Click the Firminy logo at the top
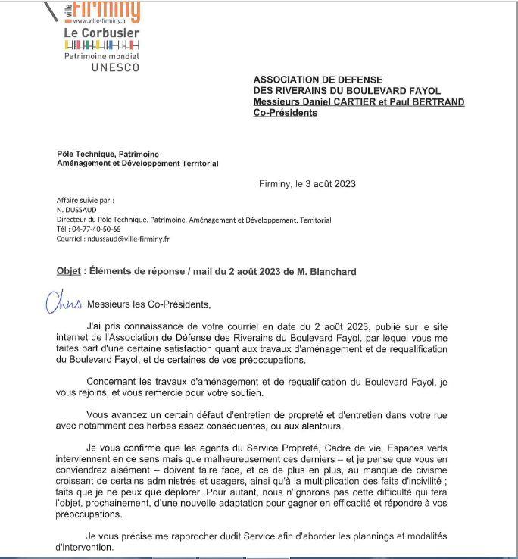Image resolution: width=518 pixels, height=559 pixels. coord(106,11)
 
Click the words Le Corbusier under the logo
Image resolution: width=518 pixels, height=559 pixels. coord(101,34)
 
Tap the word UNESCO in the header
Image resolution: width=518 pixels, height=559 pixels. coord(115,67)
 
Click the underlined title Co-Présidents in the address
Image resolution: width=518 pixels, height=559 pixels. coord(286,113)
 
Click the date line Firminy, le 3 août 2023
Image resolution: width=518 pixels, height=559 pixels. coord(307,183)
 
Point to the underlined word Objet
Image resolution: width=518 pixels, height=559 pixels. coord(68,271)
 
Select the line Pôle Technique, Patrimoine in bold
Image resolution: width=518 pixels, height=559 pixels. coord(108,154)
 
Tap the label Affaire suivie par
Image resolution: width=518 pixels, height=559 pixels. coord(85,201)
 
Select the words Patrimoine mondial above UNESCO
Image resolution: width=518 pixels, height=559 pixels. coord(101,56)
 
